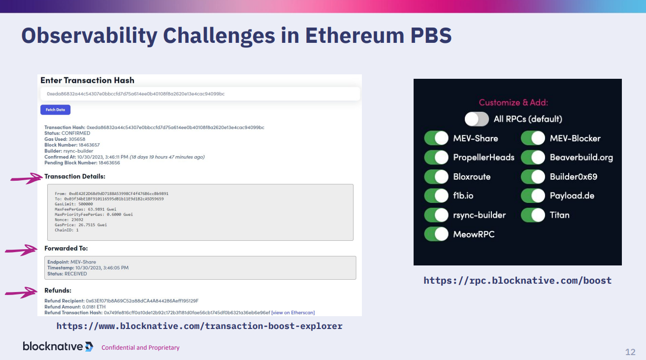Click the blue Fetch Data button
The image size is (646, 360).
click(x=55, y=110)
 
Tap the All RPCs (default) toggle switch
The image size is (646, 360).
click(x=477, y=119)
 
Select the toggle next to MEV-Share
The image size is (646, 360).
click(x=436, y=138)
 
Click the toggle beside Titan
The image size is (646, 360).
click(x=533, y=215)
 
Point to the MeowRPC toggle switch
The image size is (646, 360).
click(x=436, y=234)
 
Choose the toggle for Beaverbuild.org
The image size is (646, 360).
click(x=533, y=157)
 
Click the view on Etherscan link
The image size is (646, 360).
click(x=293, y=312)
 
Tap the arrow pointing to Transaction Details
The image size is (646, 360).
click(x=27, y=179)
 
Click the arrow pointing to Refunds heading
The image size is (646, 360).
click(x=21, y=293)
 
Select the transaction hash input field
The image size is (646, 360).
click(x=200, y=94)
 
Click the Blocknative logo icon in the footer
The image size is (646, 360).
click(x=89, y=346)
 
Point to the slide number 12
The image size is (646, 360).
click(x=630, y=352)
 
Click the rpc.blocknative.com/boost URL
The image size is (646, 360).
click(x=517, y=280)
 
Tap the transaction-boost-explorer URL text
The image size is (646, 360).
click(x=199, y=326)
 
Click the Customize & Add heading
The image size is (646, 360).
click(x=514, y=102)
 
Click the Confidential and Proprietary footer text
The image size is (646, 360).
click(x=140, y=348)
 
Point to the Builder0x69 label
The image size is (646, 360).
click(x=573, y=176)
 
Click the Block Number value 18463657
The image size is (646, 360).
click(x=89, y=145)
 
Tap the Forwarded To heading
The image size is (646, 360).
click(x=66, y=248)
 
